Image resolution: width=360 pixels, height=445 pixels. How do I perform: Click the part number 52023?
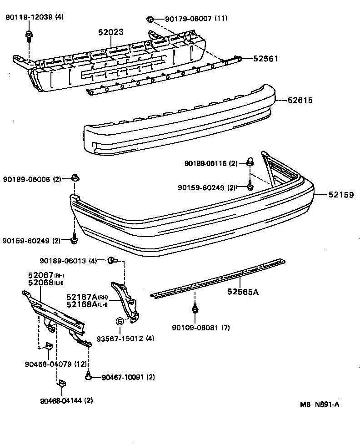point(111,32)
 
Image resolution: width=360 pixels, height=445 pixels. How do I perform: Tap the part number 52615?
point(300,100)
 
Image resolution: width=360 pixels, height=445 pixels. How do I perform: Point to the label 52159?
point(340,195)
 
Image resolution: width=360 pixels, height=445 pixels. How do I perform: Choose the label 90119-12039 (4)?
point(35,18)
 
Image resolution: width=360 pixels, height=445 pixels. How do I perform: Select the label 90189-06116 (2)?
point(211,163)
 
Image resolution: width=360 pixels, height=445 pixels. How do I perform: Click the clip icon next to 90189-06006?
point(75,177)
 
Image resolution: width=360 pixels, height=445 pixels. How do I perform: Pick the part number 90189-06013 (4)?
point(69,261)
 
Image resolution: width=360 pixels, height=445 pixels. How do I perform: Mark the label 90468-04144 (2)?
point(66,401)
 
